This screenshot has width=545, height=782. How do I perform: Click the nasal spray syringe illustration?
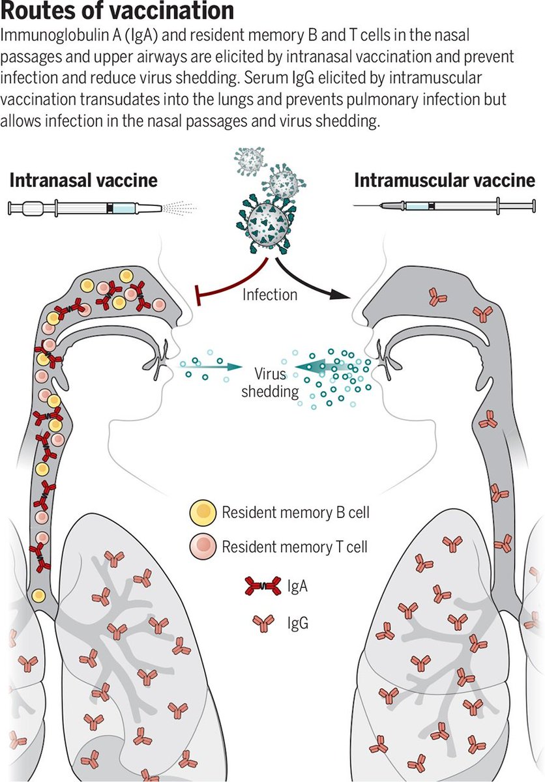85,209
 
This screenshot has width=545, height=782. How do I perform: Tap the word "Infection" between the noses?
269,295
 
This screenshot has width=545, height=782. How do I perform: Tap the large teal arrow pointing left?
326,369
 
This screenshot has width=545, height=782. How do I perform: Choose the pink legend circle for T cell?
203,547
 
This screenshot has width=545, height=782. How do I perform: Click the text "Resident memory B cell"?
295,513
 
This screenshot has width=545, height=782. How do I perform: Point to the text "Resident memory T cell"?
295,546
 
